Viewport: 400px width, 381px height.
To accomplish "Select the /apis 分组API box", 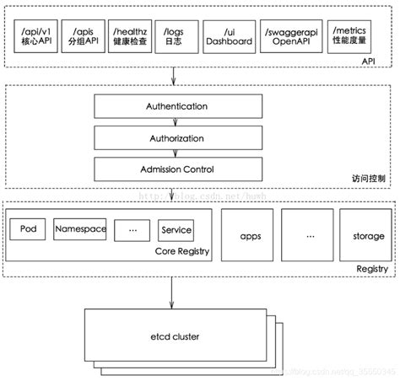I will pyautogui.click(x=81, y=37).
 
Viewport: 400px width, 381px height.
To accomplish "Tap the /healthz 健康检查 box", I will pyautogui.click(x=128, y=37).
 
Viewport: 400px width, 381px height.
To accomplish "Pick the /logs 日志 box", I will pyautogui.click(x=175, y=37).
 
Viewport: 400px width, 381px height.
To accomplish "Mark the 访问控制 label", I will pyautogui.click(x=369, y=177).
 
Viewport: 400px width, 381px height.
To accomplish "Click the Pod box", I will pyautogui.click(x=27, y=228).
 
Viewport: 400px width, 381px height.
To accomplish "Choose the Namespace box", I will pyautogui.click(x=79, y=228).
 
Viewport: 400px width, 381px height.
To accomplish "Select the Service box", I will pyautogui.click(x=176, y=229).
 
